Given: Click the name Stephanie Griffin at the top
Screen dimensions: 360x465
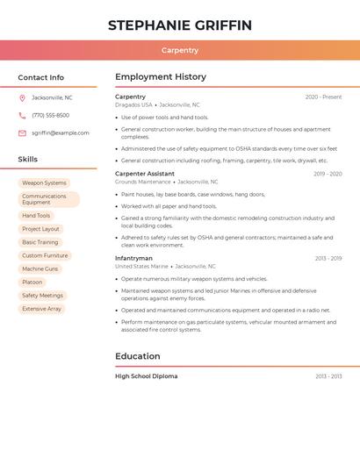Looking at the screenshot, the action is (179, 25).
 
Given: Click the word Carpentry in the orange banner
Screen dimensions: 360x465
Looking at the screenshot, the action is (180, 50).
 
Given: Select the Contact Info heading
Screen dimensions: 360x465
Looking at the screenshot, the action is (40, 77).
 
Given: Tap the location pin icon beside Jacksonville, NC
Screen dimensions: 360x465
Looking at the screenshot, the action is (22, 97).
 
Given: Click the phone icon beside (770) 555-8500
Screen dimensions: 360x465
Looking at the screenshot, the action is (22, 115).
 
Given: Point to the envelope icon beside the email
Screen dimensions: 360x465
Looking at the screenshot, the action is (22, 132).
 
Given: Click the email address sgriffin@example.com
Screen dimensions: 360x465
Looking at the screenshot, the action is (60, 132).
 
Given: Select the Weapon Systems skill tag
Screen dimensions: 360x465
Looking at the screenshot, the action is (44, 182).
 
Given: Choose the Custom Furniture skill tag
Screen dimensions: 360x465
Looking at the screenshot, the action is (45, 255).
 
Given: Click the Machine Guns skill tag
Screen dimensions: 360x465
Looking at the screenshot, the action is (40, 268).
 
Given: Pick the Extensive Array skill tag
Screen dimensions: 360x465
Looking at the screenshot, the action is (41, 309).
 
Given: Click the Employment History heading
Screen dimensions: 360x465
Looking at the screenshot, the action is (161, 77).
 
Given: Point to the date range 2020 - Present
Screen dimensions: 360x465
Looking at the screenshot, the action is (323, 97).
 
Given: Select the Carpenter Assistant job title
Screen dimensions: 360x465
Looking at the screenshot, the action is (145, 174).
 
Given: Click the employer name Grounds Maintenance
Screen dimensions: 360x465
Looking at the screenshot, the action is (143, 182).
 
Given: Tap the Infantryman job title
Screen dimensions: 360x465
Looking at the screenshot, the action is (133, 258).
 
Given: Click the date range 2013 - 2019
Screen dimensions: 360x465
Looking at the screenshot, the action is (328, 259).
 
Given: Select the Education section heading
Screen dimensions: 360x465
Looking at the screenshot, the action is (138, 356).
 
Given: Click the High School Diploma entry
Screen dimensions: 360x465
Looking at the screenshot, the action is (146, 376).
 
